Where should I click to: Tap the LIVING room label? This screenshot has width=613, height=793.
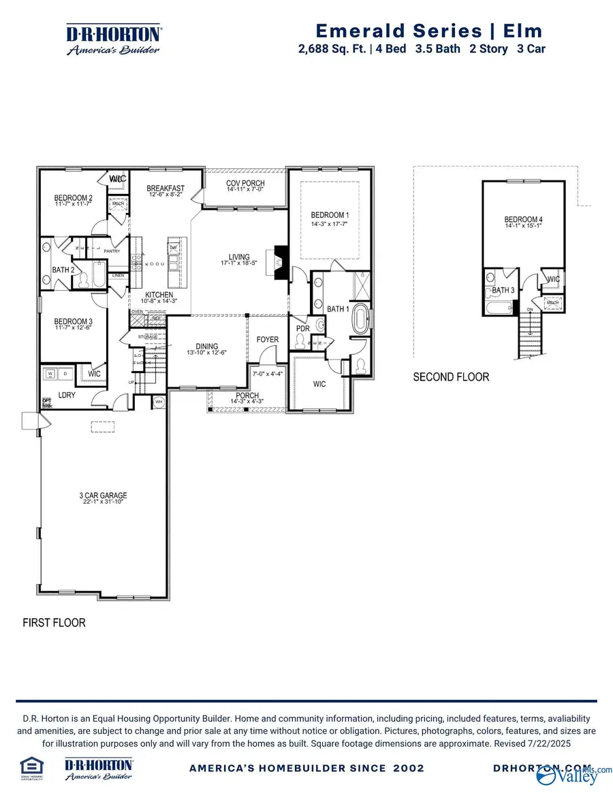point(239,257)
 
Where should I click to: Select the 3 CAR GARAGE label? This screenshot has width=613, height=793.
point(103,496)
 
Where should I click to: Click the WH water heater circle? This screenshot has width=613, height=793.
point(159,402)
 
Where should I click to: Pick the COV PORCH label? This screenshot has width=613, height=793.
point(245,184)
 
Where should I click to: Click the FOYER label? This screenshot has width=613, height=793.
point(267,339)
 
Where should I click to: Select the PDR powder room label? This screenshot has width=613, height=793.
point(302,329)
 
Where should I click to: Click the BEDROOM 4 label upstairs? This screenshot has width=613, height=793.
point(523,219)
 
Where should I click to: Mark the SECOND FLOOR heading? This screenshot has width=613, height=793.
point(451,376)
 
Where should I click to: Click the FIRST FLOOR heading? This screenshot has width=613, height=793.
point(54,622)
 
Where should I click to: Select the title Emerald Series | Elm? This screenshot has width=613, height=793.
point(430,31)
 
